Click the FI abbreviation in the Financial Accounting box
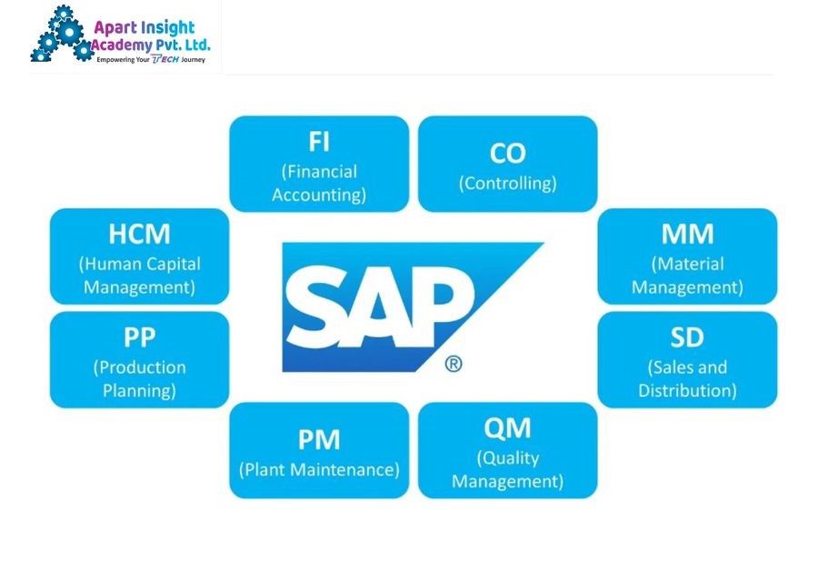(x=319, y=141)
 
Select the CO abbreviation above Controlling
(x=507, y=154)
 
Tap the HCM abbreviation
(x=139, y=234)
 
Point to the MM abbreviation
(x=688, y=234)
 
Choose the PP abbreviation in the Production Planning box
(x=139, y=337)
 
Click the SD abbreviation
(x=687, y=337)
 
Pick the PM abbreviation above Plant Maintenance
(x=319, y=439)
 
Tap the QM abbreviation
(x=507, y=427)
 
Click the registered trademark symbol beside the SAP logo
(x=454, y=364)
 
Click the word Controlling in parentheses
(x=507, y=183)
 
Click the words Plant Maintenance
(x=319, y=469)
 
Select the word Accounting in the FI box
(x=318, y=196)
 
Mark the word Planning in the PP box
(x=138, y=391)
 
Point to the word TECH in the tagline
(x=165, y=59)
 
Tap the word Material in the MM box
(x=689, y=264)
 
